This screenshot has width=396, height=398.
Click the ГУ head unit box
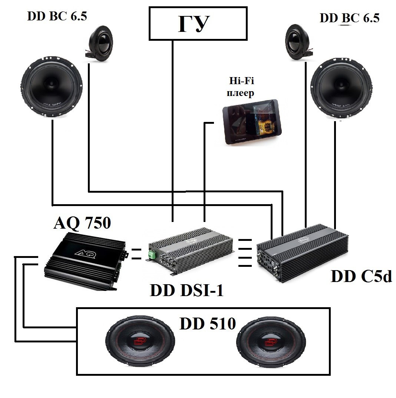[x=198, y=23]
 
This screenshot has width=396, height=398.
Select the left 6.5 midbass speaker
[x=52, y=87]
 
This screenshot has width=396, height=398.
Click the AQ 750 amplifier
[x=85, y=262]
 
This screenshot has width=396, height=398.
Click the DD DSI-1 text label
[x=187, y=291]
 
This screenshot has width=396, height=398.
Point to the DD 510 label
[x=208, y=324]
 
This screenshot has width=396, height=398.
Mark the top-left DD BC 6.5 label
[x=57, y=17]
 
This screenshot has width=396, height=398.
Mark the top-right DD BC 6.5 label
[x=349, y=19]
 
